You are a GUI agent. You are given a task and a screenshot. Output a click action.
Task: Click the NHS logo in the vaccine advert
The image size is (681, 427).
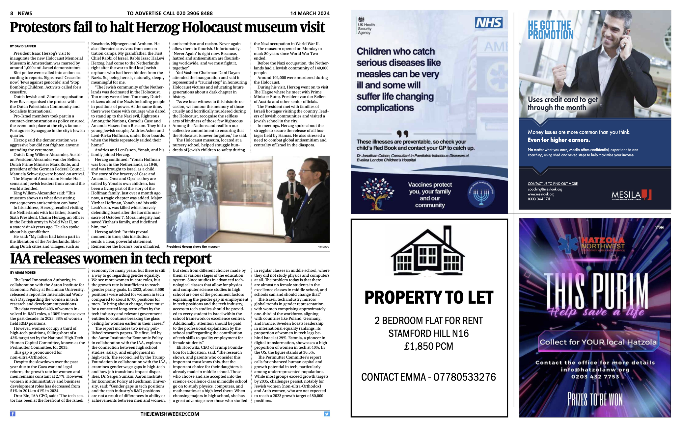488,23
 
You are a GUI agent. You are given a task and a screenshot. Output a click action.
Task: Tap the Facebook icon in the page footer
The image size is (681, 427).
13,414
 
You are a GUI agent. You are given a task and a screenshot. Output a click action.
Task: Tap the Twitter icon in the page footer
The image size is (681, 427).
327,414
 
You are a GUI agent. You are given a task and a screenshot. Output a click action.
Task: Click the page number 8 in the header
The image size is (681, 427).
12,13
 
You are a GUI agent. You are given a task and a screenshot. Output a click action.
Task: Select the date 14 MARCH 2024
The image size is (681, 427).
310,13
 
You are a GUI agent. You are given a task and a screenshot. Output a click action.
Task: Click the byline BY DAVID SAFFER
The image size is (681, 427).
23,46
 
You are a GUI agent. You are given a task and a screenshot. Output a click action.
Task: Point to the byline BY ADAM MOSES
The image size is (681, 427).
23,273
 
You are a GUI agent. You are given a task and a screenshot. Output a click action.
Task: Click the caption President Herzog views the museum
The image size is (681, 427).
193,247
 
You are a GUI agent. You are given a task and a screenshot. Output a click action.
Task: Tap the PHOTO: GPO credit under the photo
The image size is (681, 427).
323,247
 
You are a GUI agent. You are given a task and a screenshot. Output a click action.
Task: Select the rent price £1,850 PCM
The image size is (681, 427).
428,346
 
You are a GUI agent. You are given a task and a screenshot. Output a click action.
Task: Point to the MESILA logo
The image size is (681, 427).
631,195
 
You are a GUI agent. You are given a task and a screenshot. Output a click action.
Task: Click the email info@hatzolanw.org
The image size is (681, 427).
595,369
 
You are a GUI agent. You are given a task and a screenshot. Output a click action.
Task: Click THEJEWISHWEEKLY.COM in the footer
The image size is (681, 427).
170,414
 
